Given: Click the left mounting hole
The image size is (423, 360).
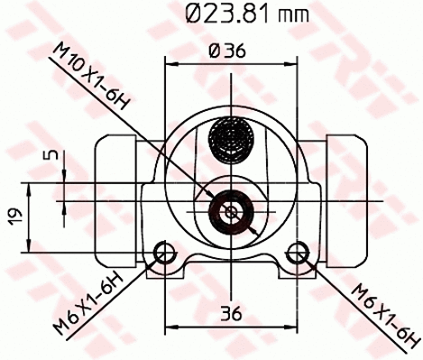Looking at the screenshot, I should [x=163, y=252].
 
